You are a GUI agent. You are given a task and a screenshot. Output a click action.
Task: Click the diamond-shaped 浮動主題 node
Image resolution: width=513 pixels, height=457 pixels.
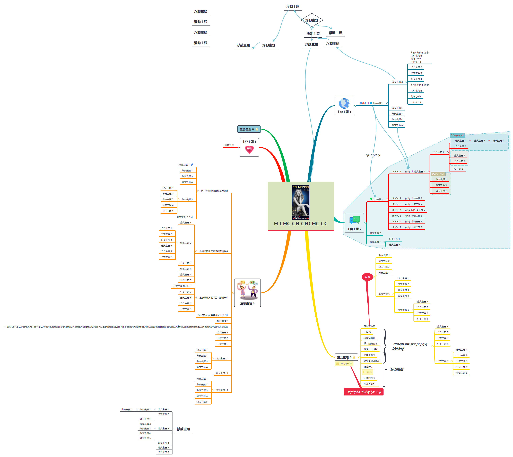coord(312,20)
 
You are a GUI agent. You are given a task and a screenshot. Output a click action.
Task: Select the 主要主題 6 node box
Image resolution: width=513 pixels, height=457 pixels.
coord(249,129)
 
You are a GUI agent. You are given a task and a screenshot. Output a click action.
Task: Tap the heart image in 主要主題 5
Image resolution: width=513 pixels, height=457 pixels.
coord(249,149)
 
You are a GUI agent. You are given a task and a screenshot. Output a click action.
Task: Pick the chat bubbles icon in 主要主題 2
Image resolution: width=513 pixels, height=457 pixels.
coord(354,220)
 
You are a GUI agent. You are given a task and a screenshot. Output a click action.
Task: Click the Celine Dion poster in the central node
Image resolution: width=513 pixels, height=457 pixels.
coord(301,202)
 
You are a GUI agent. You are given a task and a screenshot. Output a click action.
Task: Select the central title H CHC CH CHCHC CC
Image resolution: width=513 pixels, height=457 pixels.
coord(301,223)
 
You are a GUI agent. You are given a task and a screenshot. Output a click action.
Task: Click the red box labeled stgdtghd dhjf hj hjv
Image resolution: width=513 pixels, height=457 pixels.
coord(364,392)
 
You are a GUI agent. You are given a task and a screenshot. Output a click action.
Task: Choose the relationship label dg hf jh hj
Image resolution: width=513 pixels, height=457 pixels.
coord(373,155)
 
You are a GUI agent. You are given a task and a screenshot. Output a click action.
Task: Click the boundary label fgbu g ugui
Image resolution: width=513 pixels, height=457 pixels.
coord(457,135)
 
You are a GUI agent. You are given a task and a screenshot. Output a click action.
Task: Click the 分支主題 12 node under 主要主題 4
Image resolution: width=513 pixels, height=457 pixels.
coord(222,390)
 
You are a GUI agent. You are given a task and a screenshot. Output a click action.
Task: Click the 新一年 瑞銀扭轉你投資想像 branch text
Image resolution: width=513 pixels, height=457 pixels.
coord(214,191)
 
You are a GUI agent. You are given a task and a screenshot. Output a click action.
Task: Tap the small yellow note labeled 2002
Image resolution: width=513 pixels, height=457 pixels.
coord(368,372)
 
